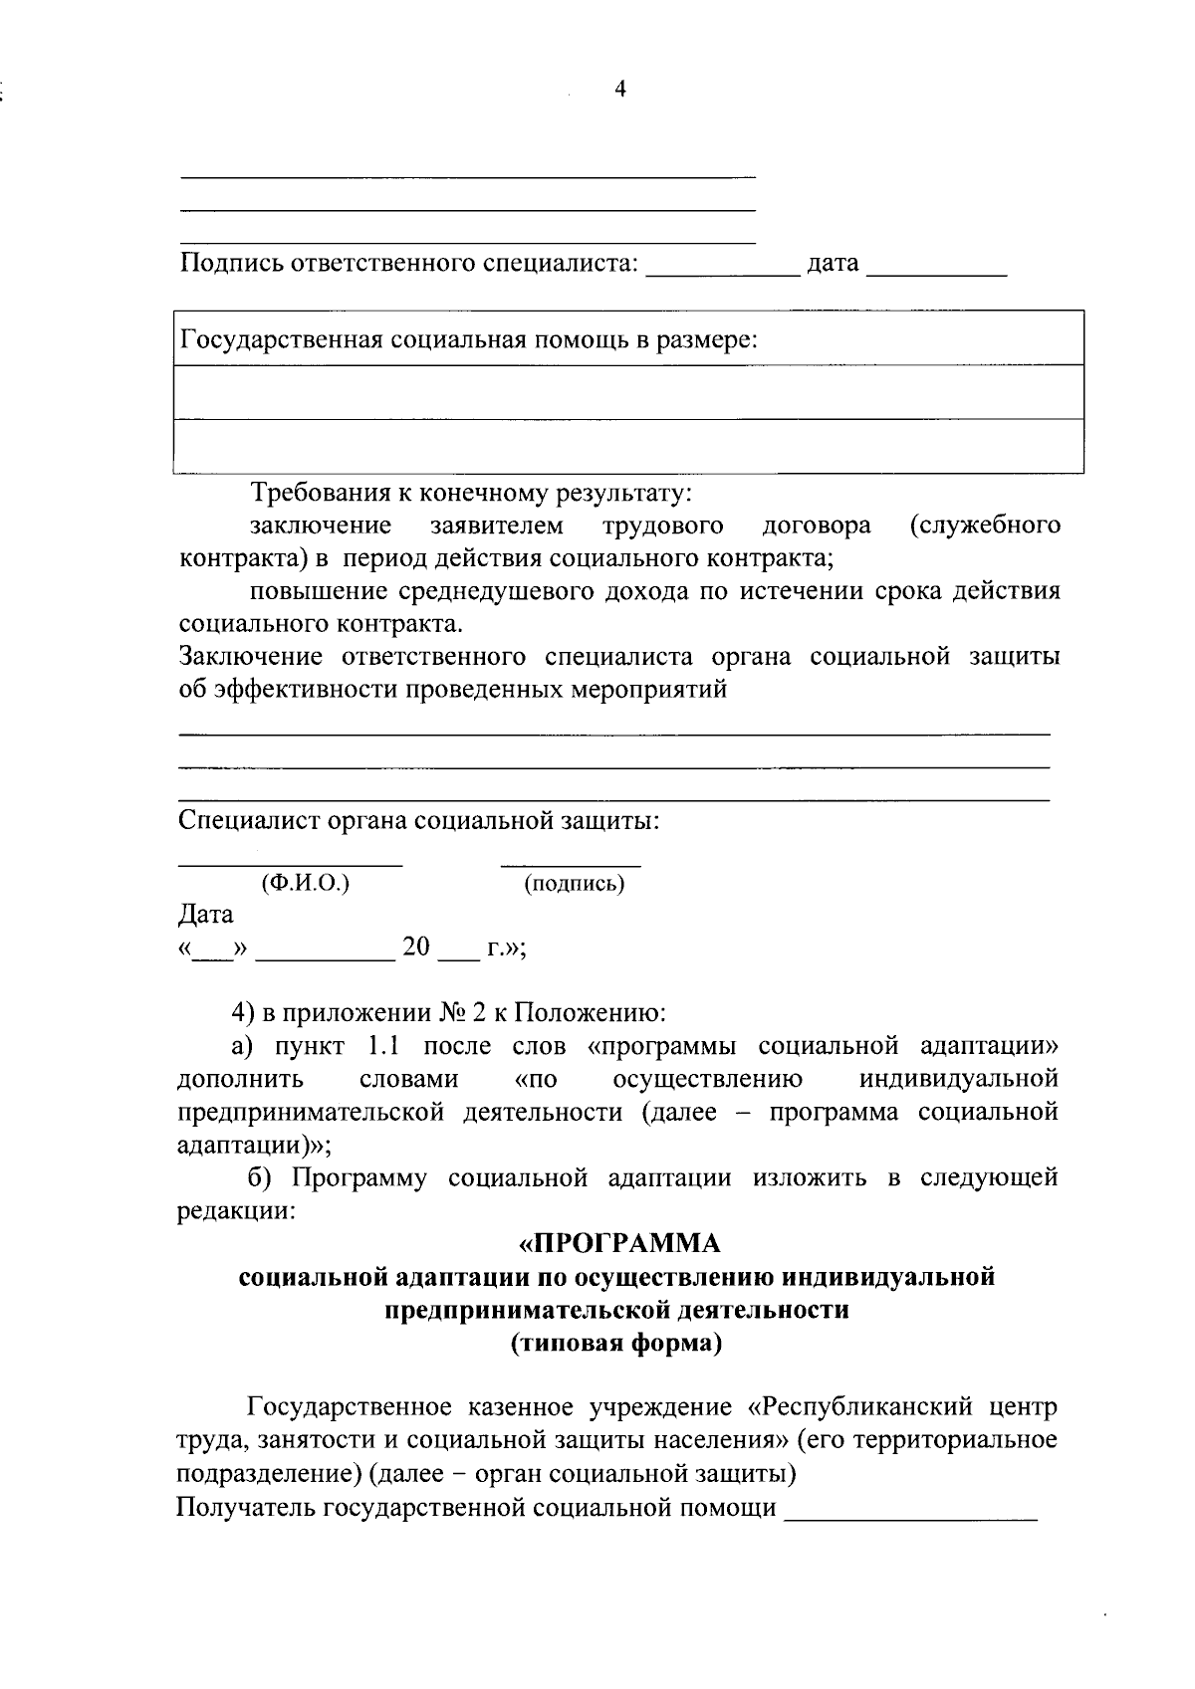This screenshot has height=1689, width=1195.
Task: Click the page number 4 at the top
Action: (x=619, y=90)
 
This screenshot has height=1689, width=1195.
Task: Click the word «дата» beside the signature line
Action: (x=833, y=264)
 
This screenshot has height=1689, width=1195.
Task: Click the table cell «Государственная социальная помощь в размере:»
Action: (x=468, y=340)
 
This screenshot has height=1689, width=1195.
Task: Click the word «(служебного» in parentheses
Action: (x=985, y=525)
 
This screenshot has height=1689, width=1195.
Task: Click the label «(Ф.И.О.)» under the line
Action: (x=305, y=883)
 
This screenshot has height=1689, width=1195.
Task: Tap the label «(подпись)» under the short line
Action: (x=575, y=883)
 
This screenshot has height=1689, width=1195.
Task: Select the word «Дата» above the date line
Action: (x=205, y=914)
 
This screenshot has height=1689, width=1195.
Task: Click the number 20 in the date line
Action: (x=415, y=947)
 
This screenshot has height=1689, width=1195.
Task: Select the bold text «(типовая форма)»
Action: (x=616, y=1344)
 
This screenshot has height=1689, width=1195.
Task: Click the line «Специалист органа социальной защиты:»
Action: (x=419, y=821)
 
